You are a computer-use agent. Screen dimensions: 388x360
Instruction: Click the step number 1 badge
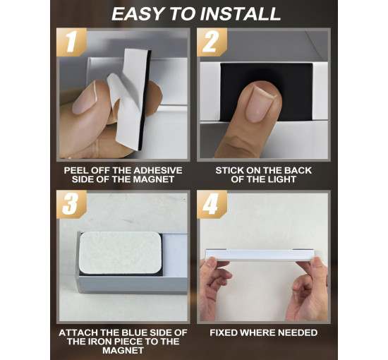coord(71,42)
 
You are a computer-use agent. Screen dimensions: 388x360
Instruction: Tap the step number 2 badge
coord(212,42)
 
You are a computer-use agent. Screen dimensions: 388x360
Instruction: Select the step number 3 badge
coord(71,205)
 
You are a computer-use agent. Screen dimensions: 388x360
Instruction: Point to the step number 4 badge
coord(212,205)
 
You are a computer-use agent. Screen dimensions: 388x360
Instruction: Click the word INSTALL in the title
coord(241,14)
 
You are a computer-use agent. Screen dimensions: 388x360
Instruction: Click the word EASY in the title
coord(139,14)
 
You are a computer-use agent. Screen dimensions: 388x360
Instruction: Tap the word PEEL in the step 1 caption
coord(75,170)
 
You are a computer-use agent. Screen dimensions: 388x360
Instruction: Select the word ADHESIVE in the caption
coord(158,170)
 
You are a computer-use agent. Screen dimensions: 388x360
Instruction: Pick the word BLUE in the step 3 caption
coord(135,332)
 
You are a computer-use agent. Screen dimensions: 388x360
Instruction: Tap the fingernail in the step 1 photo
coord(85,98)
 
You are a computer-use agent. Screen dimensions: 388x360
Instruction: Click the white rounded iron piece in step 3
coord(120,253)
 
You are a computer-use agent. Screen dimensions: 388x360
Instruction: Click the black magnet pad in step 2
coord(267,92)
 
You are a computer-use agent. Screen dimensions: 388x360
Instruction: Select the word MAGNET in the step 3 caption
coord(123,350)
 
